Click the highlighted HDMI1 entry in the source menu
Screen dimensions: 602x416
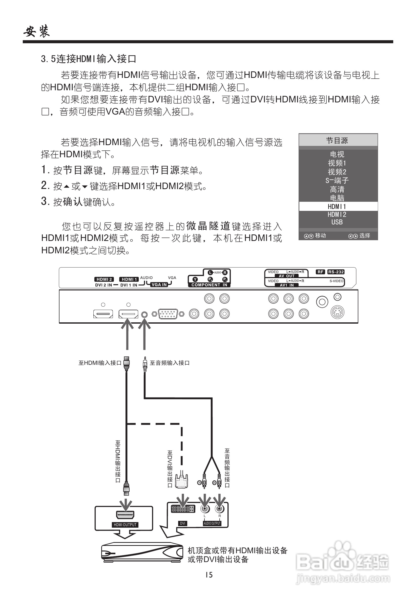click(x=337, y=207)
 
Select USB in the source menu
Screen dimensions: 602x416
click(x=337, y=222)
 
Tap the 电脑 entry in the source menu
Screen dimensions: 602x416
click(x=337, y=198)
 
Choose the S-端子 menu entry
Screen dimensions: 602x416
click(x=337, y=181)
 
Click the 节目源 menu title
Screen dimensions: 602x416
click(x=337, y=141)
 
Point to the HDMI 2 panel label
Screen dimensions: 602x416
click(x=104, y=279)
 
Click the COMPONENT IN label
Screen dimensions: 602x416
click(x=209, y=285)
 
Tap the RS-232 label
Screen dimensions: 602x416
click(x=336, y=272)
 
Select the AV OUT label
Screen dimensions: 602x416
click(x=286, y=276)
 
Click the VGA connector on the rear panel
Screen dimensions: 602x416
click(x=168, y=314)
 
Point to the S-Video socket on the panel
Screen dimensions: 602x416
click(x=337, y=312)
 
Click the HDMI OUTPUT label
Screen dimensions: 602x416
click(x=125, y=525)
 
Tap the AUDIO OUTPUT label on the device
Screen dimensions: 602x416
click(x=212, y=523)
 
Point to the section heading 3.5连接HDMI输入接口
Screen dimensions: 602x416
click(x=88, y=59)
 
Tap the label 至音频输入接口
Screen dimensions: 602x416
click(x=170, y=363)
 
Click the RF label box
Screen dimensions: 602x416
click(x=320, y=272)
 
